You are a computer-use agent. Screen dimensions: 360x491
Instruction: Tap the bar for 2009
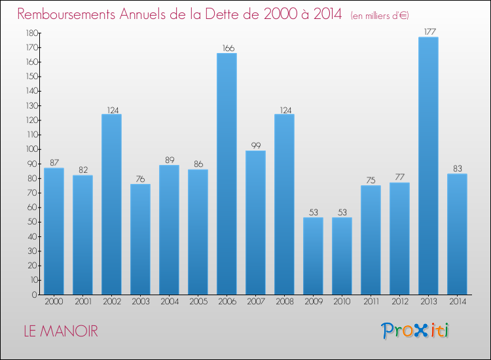point(313,256)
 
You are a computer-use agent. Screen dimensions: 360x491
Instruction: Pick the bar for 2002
point(111,204)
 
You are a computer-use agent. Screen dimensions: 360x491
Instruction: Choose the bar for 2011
point(371,240)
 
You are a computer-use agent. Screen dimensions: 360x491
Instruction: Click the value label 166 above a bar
point(227,48)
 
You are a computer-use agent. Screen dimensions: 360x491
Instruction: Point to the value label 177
point(428,31)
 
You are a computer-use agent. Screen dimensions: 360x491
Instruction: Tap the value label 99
point(255,145)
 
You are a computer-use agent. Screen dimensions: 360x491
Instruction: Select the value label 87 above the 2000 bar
point(54,162)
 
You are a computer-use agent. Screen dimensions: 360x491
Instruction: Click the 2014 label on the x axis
point(457,301)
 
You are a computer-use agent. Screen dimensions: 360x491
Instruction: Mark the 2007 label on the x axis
point(255,301)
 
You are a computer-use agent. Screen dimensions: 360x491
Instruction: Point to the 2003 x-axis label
point(140,301)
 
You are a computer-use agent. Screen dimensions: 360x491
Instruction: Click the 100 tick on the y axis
point(30,149)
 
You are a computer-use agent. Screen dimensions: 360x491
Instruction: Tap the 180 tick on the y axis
point(30,33)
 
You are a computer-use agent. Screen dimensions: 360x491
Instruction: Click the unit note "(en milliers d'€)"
point(380,15)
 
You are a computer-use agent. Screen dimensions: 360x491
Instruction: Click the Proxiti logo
point(414,331)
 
